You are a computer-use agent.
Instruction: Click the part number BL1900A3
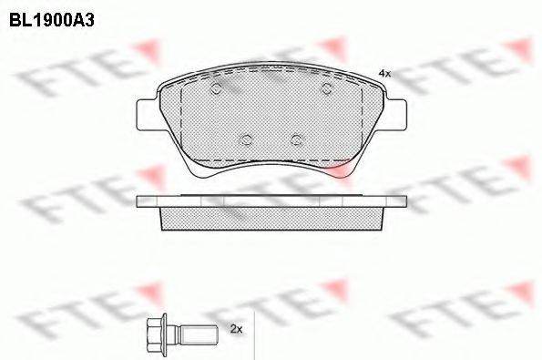(52, 20)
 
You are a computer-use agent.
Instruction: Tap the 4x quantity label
(384, 73)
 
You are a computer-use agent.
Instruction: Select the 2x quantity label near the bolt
(237, 329)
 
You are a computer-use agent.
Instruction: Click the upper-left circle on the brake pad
(216, 89)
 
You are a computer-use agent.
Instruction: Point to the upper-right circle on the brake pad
(327, 89)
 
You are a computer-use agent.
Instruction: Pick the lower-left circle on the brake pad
(246, 139)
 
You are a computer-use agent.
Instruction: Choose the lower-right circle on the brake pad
(296, 139)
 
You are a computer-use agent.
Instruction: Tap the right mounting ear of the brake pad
(396, 115)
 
